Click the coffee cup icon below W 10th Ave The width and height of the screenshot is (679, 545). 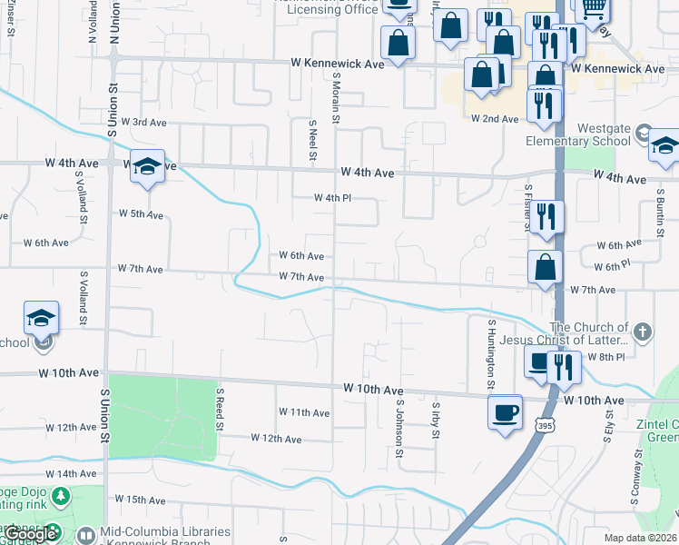pos(505,412)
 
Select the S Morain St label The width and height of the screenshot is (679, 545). pos(336,99)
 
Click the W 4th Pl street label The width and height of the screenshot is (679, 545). pos(331,198)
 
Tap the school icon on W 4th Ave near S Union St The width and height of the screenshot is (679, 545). pos(147,167)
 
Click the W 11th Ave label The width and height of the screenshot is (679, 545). pos(303,412)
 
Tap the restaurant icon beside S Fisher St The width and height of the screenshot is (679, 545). pos(545,216)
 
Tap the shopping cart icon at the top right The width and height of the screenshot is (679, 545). pos(593,9)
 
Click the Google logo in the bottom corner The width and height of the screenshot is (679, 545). pos(29,534)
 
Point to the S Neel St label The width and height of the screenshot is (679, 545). pos(312,139)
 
